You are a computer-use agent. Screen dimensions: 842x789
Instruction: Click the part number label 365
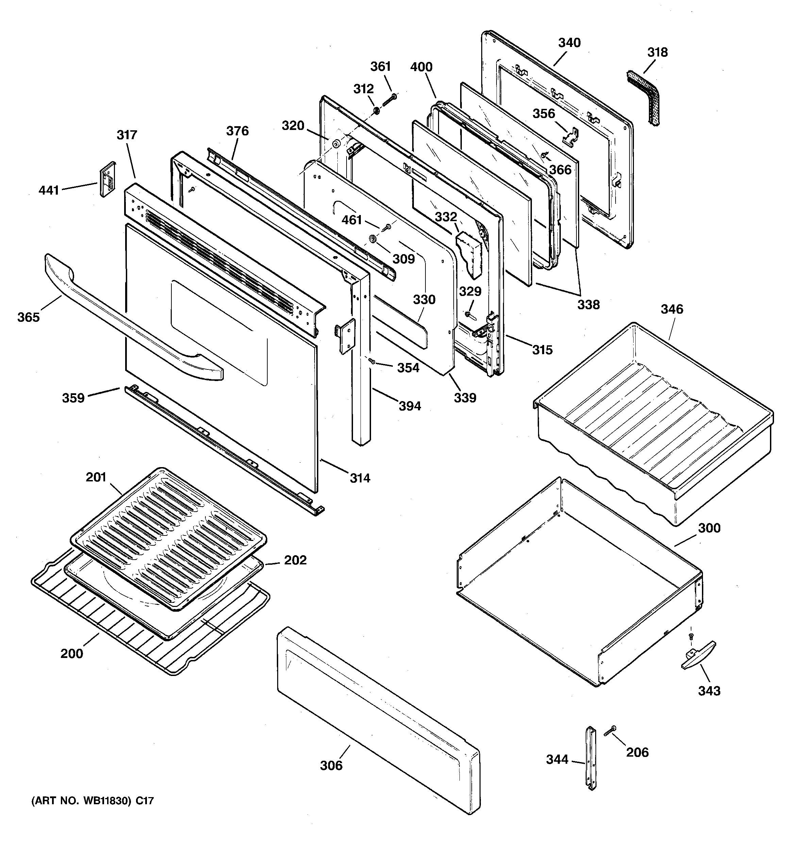(x=28, y=317)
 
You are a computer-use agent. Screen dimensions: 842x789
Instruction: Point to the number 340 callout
(x=569, y=43)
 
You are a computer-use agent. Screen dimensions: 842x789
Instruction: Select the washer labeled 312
(x=376, y=111)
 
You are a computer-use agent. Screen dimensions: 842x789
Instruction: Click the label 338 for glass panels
(x=588, y=304)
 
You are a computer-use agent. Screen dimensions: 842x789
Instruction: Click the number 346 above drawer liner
(x=672, y=309)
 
